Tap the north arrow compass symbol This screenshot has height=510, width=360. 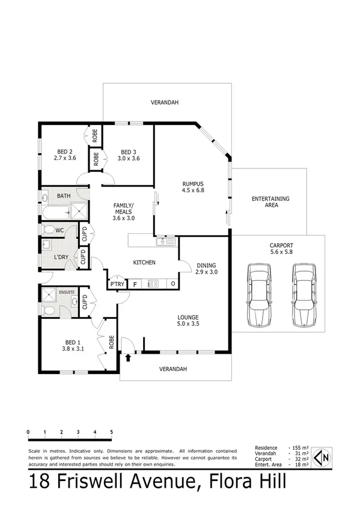tap(323, 457)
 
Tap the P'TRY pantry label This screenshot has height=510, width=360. tap(117, 284)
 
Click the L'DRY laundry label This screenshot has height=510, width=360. tap(61, 257)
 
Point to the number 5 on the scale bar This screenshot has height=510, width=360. tap(112, 432)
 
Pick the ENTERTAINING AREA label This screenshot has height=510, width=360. tap(270, 201)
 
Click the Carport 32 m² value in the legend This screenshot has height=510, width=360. tap(299, 459)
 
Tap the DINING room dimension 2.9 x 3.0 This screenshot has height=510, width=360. tap(206, 272)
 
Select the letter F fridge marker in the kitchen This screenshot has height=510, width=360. tap(135, 284)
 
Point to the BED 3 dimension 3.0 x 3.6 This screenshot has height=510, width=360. tap(129, 159)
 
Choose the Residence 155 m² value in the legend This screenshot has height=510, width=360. tap(299, 448)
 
